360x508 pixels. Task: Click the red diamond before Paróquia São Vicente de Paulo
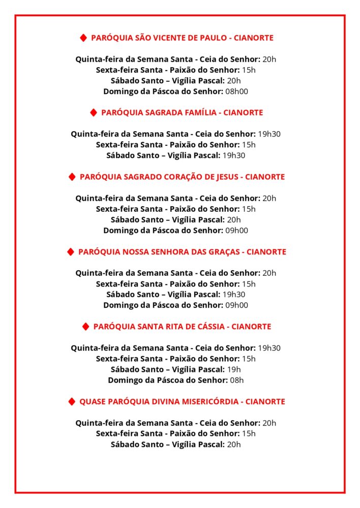tap(84, 38)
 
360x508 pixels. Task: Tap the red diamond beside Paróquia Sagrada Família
tap(94, 112)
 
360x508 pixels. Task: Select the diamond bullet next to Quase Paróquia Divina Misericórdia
tap(72, 402)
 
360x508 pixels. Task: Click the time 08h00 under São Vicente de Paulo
tap(237, 91)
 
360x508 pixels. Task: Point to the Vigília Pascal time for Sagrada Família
tap(234, 155)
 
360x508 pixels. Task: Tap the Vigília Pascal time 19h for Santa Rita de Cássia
tap(234, 369)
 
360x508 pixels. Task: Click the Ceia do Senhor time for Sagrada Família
tap(269, 134)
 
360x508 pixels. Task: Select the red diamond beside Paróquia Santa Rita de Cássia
tap(86, 327)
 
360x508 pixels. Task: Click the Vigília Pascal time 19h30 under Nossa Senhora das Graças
tap(234, 295)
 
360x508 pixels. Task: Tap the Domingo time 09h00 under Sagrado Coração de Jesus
tap(237, 231)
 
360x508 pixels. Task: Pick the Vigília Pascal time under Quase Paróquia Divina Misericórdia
tap(234, 444)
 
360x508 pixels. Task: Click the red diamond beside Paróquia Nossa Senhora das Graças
tap(71, 252)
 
